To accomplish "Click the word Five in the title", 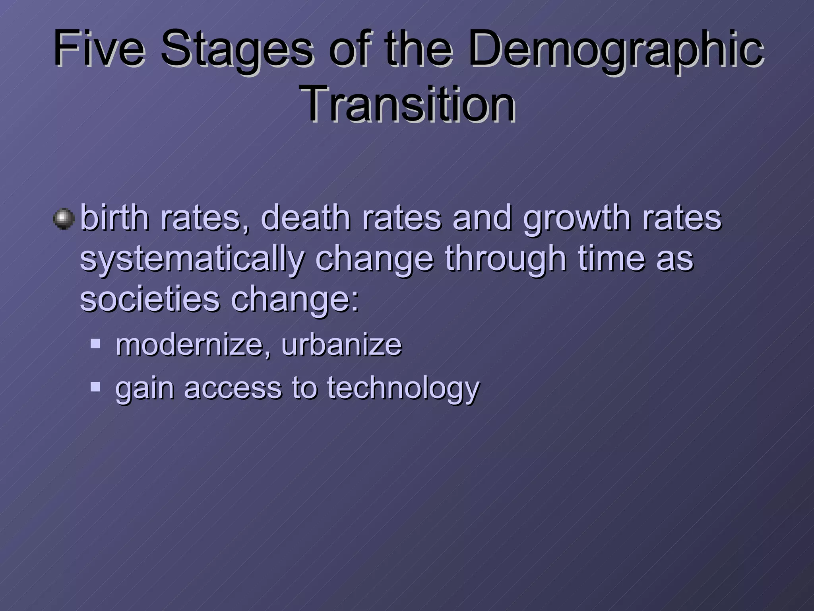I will pos(99,50).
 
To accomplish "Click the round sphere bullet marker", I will pos(64,219).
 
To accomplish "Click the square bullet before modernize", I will pos(95,344).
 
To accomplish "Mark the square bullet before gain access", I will pos(95,387).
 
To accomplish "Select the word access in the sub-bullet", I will pos(233,388).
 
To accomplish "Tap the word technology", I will pos(403,388).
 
